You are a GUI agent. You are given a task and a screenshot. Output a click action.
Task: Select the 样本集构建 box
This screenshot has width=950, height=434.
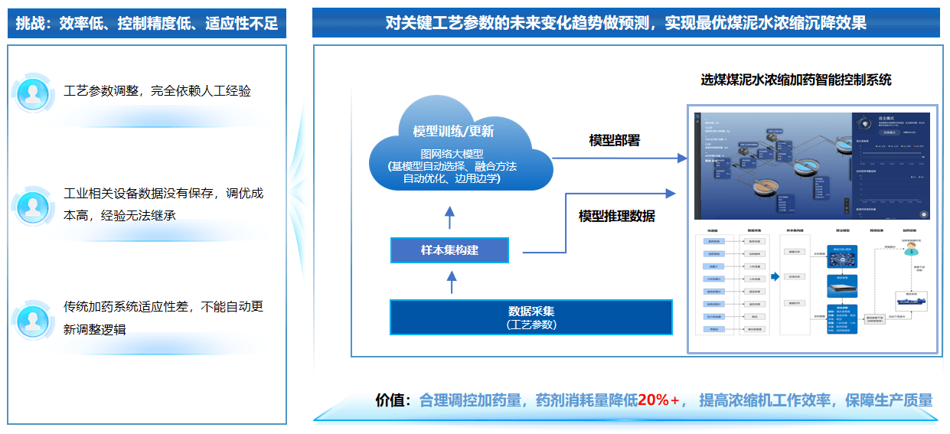(449, 250)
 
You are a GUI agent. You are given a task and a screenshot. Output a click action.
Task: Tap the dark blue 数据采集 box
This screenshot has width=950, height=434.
(530, 317)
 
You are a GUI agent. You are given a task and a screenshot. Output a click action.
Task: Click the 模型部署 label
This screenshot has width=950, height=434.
(614, 140)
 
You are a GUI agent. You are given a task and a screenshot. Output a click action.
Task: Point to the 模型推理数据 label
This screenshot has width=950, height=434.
(616, 216)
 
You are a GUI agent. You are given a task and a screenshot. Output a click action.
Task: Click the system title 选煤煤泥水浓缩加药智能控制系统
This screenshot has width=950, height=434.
(795, 80)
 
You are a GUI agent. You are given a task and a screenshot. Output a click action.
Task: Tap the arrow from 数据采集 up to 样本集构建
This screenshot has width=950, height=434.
(451, 281)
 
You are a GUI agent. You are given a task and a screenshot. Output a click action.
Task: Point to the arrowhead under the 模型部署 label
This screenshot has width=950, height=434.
(682, 158)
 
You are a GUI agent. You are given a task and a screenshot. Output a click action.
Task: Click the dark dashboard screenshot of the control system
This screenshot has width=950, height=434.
(812, 165)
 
